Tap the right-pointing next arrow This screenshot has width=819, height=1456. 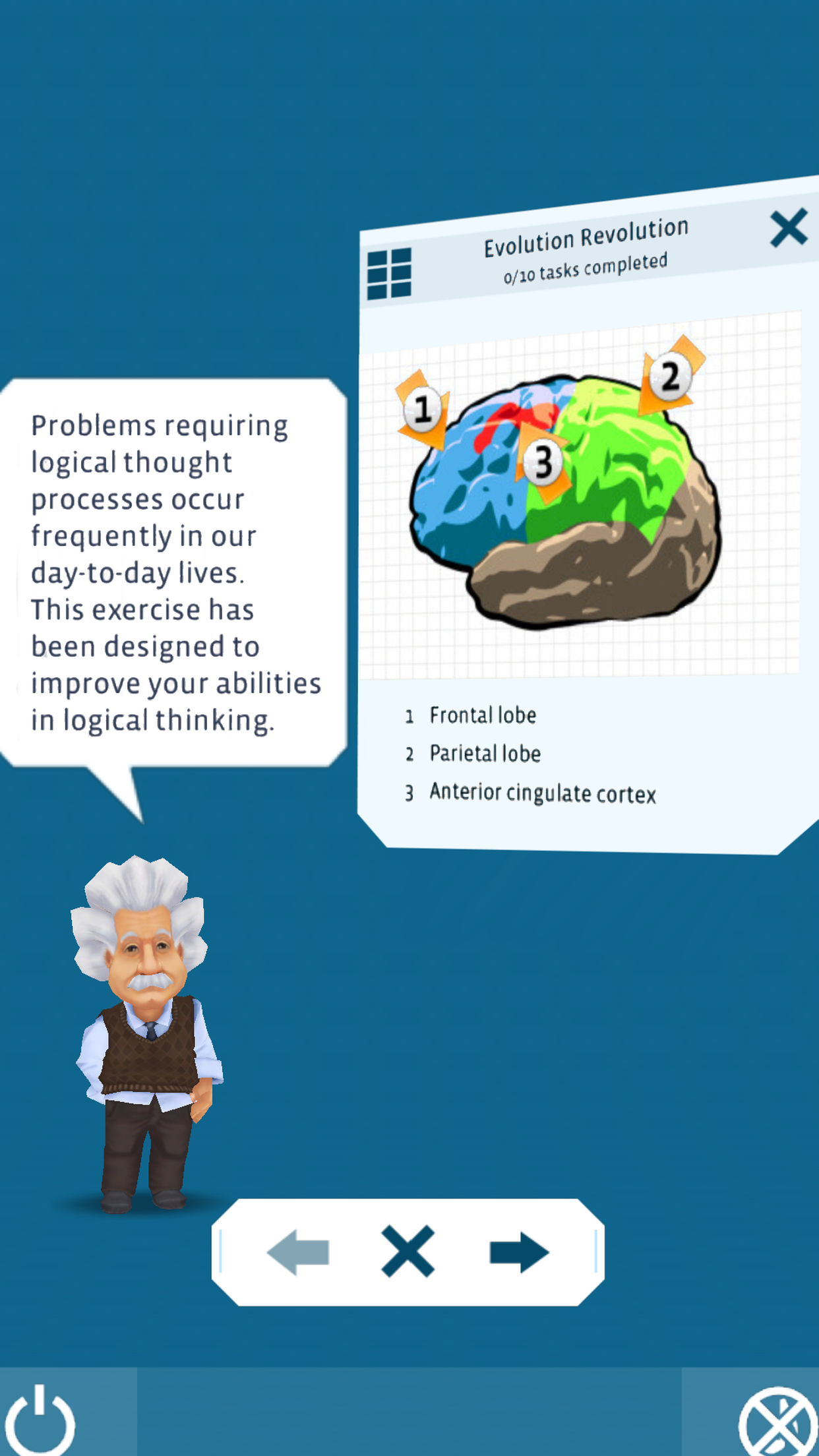pyautogui.click(x=518, y=1252)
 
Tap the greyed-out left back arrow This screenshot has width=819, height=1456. pyautogui.click(x=299, y=1252)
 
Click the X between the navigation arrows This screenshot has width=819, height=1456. pyautogui.click(x=408, y=1252)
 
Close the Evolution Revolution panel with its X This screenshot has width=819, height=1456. pyautogui.click(x=789, y=228)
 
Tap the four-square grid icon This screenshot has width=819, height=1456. pyautogui.click(x=389, y=273)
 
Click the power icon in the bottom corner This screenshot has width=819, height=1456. pyautogui.click(x=41, y=1421)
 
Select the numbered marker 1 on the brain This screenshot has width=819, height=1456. pyautogui.click(x=423, y=409)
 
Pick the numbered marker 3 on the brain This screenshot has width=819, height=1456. pyautogui.click(x=543, y=462)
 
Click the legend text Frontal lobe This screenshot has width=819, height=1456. pyautogui.click(x=483, y=715)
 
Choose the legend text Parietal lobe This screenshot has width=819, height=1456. pyautogui.click(x=485, y=754)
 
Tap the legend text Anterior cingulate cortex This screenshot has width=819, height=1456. pyautogui.click(x=542, y=793)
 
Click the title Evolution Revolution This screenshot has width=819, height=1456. pyautogui.click(x=586, y=238)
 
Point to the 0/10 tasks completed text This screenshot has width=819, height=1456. pyautogui.click(x=586, y=268)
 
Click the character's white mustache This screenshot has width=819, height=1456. pyautogui.click(x=149, y=981)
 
